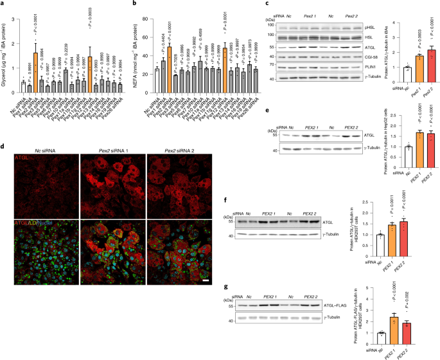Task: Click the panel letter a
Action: point(4,4)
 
